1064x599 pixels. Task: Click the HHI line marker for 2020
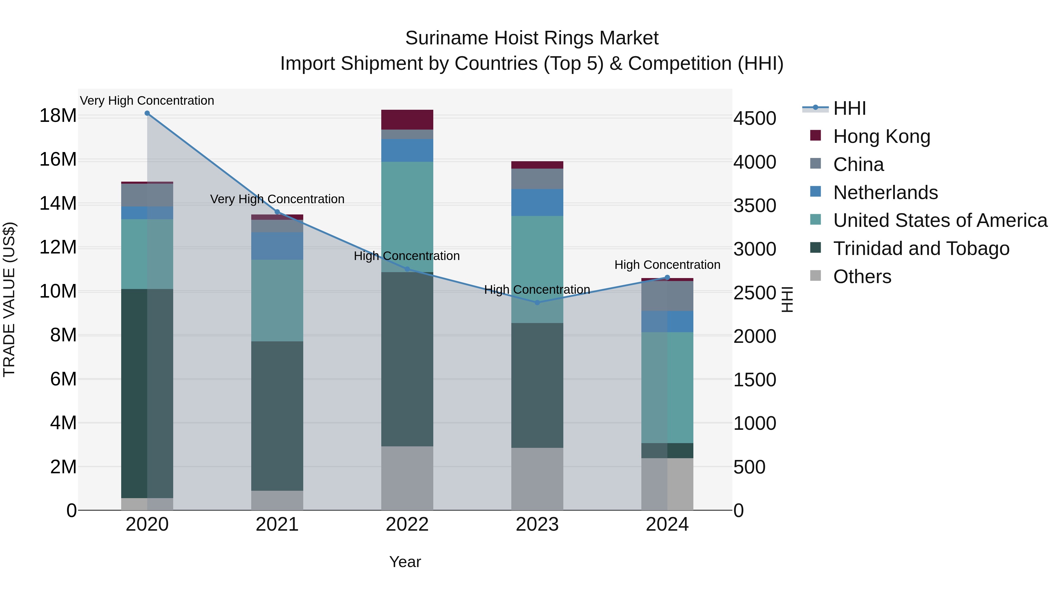[x=147, y=113]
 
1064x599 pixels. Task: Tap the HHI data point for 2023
[x=537, y=303]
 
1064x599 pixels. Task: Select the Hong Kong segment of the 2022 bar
[x=407, y=120]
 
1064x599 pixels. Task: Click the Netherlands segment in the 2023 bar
[x=537, y=203]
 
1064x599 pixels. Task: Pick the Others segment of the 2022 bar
[x=407, y=478]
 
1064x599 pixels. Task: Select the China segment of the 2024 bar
[x=667, y=296]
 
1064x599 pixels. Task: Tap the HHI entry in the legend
[x=849, y=108]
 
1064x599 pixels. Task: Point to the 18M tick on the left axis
[x=58, y=116]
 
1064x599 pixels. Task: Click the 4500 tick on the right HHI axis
[x=755, y=119]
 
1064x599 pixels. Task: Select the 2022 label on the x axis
[x=407, y=524]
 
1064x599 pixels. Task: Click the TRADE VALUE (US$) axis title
[x=9, y=299]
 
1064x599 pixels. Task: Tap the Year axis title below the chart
[x=405, y=562]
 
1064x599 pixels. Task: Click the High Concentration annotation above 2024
[x=667, y=264]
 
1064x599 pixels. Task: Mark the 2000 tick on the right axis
[x=755, y=337]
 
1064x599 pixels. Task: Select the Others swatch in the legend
[x=815, y=275]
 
